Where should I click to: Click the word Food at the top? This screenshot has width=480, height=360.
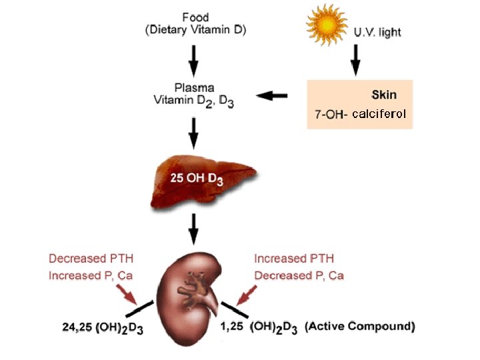pos(195,17)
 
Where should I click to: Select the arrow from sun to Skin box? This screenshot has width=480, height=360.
pos(355,60)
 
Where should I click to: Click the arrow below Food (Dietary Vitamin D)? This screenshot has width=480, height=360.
pos(194,60)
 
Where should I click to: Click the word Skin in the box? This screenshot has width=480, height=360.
pos(384,95)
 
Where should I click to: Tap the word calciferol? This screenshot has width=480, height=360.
pos(379,115)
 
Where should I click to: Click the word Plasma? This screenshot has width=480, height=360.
pos(194,87)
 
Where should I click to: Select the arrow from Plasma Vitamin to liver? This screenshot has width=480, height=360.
pos(194,135)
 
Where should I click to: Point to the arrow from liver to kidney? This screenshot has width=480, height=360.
pos(194,229)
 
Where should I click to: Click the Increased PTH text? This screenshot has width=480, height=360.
pos(294,259)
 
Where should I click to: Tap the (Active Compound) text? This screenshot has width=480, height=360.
pos(359,327)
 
